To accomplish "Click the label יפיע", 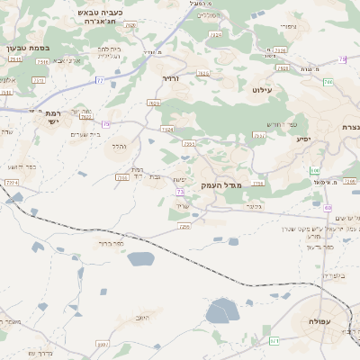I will (x=303, y=139).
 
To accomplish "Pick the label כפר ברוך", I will (x=111, y=243).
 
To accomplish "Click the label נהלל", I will (x=121, y=145).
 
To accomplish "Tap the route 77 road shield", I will (x=100, y=81).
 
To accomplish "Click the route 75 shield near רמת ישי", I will (x=106, y=124).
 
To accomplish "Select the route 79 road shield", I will (x=342, y=59).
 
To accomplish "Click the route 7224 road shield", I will (x=12, y=183).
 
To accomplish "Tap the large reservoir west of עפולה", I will (x=221, y=312).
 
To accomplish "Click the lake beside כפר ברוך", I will (x=140, y=259).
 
